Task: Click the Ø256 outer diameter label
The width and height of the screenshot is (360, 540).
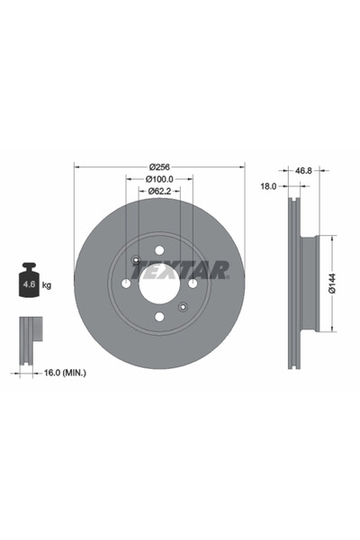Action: tap(159, 167)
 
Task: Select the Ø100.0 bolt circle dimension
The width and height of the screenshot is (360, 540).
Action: tap(159, 180)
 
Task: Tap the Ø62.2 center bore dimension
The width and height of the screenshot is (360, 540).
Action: tap(159, 192)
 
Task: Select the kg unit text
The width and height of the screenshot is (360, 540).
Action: tap(47, 284)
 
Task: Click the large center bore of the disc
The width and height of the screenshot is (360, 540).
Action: tap(159, 283)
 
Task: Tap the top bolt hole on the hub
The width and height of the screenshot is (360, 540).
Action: tap(159, 250)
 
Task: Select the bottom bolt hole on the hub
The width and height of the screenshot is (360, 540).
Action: tap(159, 316)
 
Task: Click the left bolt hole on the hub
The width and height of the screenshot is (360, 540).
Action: tap(126, 283)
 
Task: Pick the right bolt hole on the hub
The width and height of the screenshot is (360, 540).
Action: tap(193, 283)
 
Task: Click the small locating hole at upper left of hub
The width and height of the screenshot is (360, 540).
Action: tap(135, 262)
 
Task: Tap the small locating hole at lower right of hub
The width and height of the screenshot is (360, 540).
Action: tap(183, 306)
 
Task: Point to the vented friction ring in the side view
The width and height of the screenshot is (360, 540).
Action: tap(292, 283)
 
